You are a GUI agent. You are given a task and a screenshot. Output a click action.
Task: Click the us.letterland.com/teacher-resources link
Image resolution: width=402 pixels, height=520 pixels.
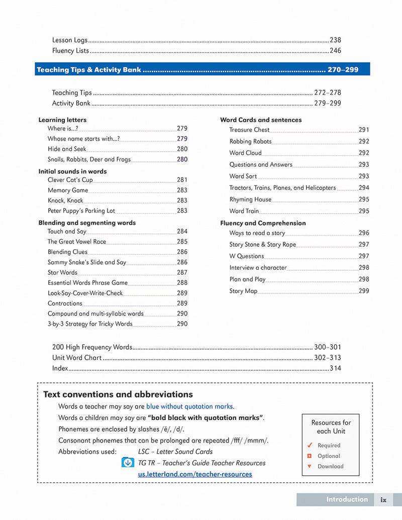195,474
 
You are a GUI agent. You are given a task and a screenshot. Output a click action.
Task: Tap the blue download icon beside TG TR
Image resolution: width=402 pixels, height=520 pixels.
128,463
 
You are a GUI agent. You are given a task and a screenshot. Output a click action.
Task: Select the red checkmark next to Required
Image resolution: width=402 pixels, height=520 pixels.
310,445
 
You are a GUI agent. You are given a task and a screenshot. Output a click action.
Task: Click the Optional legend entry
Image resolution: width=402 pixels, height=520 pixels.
329,456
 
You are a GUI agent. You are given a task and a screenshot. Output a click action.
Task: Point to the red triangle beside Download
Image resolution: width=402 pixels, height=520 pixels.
310,467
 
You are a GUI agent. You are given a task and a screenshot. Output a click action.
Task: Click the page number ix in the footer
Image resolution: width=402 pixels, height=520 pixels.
383,500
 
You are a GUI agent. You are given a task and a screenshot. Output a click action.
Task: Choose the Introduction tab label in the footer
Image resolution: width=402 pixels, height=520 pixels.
347,499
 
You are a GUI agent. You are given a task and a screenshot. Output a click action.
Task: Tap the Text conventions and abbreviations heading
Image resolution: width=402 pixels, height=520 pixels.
118,394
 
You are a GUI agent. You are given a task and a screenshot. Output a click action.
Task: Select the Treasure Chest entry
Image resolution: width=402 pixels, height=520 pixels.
249,130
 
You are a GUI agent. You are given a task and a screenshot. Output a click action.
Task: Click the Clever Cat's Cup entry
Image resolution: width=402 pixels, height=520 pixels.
70,180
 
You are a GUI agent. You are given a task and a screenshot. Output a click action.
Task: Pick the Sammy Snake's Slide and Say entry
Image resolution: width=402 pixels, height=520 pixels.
87,262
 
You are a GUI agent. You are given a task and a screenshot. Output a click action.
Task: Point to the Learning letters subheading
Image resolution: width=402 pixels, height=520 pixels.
62,120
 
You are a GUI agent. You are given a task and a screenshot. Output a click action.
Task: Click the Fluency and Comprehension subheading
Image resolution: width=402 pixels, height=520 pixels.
263,223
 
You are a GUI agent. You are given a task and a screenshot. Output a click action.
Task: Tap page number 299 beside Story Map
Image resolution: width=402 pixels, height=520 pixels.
364,291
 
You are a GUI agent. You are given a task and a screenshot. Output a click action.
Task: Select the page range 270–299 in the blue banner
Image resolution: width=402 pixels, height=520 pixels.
343,70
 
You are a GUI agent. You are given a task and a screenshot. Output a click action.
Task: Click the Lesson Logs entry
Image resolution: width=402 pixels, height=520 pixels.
70,40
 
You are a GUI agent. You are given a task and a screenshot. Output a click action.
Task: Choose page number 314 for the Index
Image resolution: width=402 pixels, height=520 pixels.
335,368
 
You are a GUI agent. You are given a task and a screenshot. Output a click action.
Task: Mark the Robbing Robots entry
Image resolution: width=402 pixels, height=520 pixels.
250,142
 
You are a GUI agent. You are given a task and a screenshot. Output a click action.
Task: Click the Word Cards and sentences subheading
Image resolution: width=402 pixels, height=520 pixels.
261,120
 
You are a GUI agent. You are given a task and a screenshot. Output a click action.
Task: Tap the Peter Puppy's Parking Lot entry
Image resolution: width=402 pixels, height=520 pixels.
81,211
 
